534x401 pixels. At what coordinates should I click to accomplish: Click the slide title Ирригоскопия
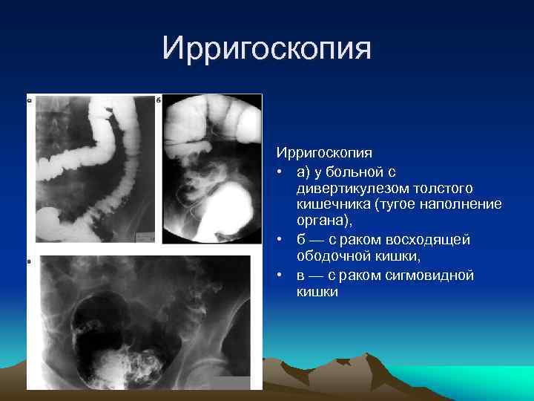266,50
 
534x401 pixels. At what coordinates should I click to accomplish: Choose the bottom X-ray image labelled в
145,322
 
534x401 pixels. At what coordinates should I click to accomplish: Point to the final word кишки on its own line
317,292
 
